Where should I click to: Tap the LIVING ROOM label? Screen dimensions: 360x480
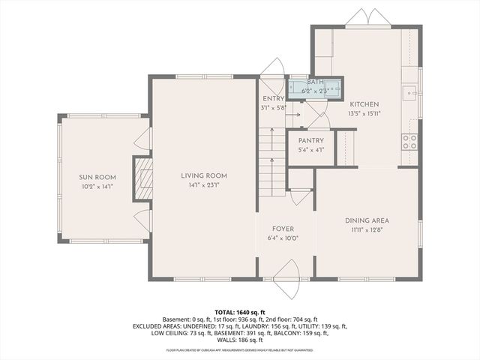pyautogui.click(x=203, y=175)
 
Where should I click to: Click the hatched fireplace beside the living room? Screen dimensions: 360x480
pyautogui.click(x=142, y=178)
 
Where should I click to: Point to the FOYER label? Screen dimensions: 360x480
pyautogui.click(x=283, y=229)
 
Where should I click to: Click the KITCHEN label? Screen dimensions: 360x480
pyautogui.click(x=364, y=104)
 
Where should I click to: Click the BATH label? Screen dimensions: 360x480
pyautogui.click(x=315, y=82)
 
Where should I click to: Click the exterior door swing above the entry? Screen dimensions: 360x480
pyautogui.click(x=271, y=67)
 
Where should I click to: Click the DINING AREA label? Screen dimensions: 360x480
pyautogui.click(x=366, y=220)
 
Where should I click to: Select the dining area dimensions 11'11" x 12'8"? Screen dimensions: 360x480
pyautogui.click(x=366, y=229)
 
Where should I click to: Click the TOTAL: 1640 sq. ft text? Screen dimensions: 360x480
pyautogui.click(x=240, y=312)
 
